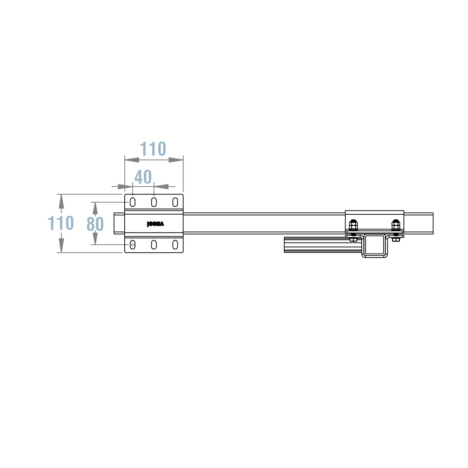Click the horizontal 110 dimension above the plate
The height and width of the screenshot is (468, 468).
click(153, 149)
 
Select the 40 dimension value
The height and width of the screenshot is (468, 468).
click(143, 177)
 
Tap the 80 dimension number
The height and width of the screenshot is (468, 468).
click(95, 224)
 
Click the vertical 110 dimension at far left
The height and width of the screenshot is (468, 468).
click(61, 223)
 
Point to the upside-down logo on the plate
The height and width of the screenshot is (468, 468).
click(155, 224)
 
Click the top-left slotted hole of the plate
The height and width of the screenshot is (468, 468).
click(133, 202)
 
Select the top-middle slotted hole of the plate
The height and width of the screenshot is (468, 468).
click(154, 202)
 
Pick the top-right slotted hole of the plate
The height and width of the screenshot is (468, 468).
click(175, 202)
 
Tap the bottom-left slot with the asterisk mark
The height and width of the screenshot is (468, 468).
click(133, 245)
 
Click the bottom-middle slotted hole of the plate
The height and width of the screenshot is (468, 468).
click(154, 245)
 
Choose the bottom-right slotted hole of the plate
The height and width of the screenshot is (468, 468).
click(175, 245)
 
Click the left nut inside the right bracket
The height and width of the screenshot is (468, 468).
click(353, 225)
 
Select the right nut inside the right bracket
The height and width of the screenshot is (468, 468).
click(396, 225)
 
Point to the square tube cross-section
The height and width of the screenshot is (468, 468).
click(375, 245)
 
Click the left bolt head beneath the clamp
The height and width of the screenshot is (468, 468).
click(353, 239)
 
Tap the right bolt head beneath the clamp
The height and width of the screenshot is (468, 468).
click(396, 239)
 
